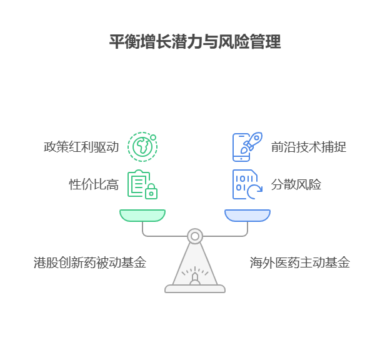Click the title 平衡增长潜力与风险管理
click(x=195, y=42)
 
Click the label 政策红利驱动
click(x=81, y=147)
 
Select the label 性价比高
click(x=94, y=184)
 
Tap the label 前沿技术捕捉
click(x=308, y=147)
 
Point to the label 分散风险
click(x=296, y=184)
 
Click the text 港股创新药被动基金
click(x=90, y=262)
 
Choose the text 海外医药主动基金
click(x=299, y=262)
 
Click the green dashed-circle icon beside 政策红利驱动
click(x=142, y=147)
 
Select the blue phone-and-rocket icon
click(x=247, y=147)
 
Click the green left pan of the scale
click(x=142, y=215)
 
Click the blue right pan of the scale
click(x=247, y=215)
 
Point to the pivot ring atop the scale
click(x=195, y=236)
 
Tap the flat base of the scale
click(x=195, y=289)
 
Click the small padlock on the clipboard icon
click(x=151, y=192)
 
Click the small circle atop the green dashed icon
click(x=153, y=137)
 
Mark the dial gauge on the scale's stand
click(x=195, y=276)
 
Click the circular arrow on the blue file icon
click(x=255, y=192)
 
